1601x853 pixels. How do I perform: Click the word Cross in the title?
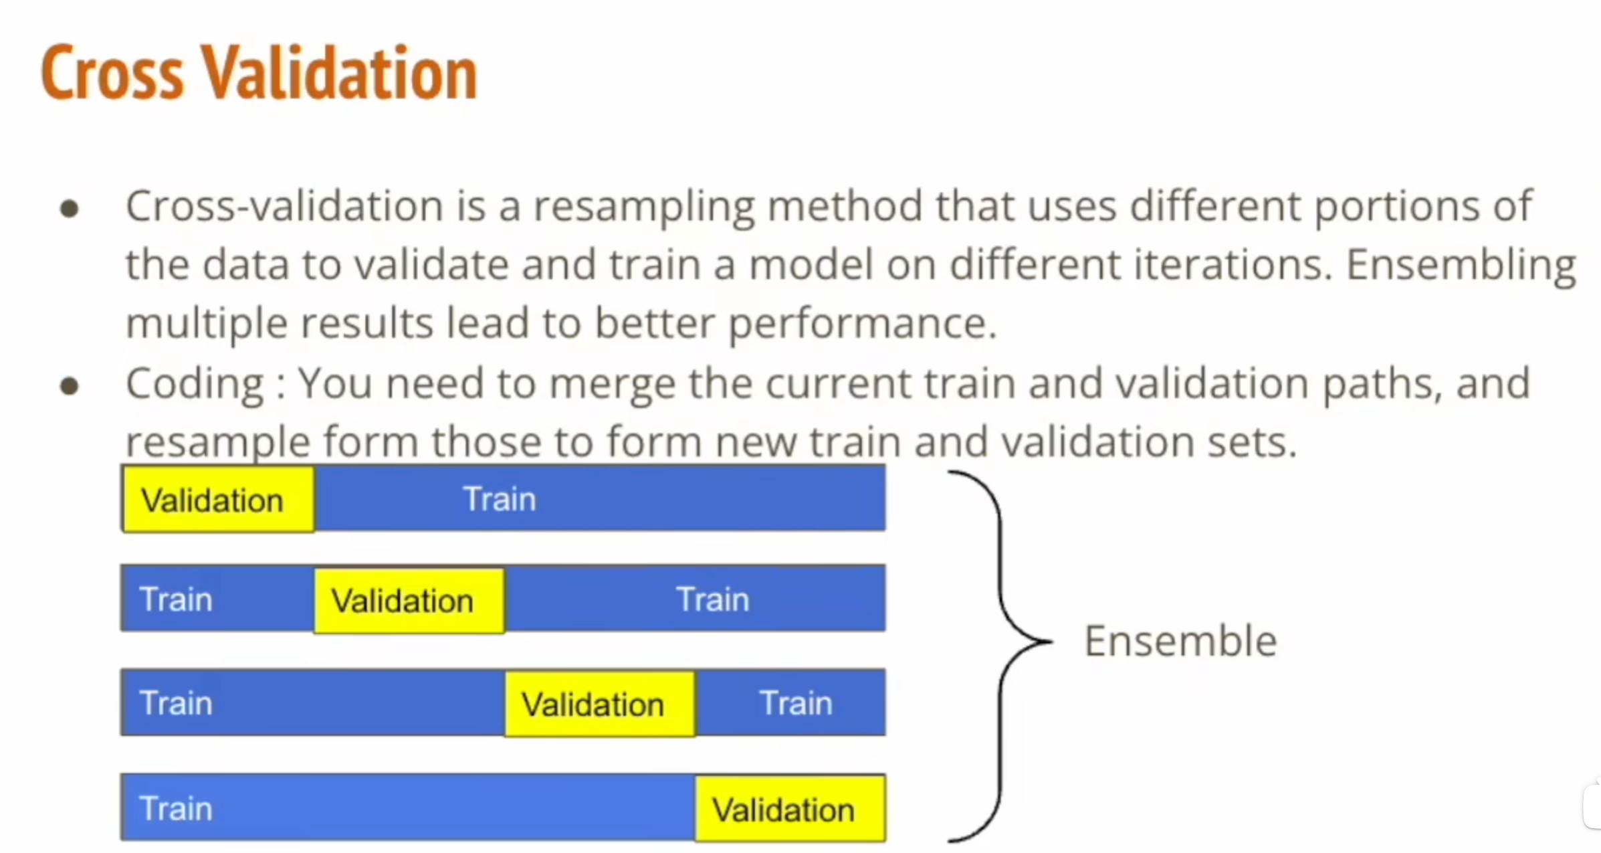112,73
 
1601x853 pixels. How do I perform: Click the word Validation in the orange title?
340,73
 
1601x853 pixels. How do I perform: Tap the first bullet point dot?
70,209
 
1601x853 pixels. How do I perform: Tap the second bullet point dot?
70,386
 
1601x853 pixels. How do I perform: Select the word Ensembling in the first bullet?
1461,265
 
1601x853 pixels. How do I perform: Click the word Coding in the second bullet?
195,384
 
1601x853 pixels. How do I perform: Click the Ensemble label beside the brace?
1180,641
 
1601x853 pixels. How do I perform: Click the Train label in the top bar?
500,499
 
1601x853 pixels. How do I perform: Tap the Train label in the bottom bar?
176,808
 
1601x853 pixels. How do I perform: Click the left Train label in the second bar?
176,599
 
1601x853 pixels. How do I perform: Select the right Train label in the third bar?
796,703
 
